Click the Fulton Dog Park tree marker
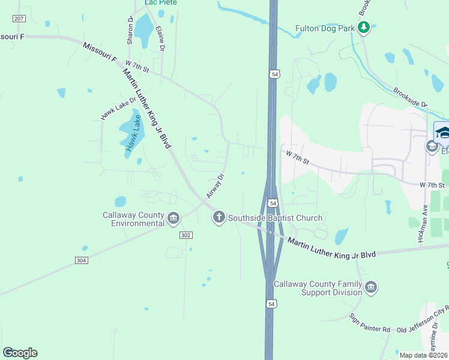(x=363, y=28)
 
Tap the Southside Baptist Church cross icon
(x=219, y=217)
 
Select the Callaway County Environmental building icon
(x=173, y=217)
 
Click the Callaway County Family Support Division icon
(x=371, y=287)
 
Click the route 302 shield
(x=185, y=235)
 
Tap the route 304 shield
(x=82, y=260)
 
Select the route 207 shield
(x=19, y=19)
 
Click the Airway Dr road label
(x=215, y=185)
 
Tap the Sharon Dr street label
(x=130, y=31)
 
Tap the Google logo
(x=20, y=353)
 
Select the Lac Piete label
(x=161, y=3)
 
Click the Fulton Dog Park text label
(x=326, y=28)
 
